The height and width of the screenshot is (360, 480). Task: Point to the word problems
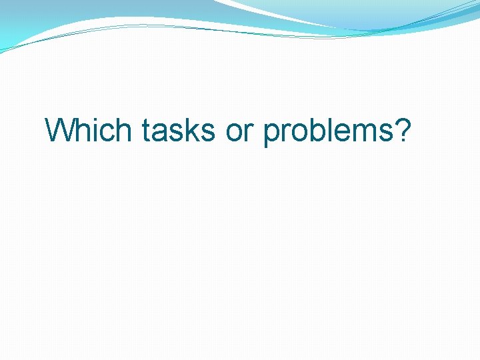(x=329, y=131)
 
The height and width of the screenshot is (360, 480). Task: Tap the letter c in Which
(x=108, y=133)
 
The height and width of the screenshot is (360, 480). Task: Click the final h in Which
(x=124, y=130)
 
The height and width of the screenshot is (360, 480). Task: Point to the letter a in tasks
(x=161, y=133)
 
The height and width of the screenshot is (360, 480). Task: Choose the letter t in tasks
(x=147, y=131)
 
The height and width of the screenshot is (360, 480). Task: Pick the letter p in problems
(x=273, y=135)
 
